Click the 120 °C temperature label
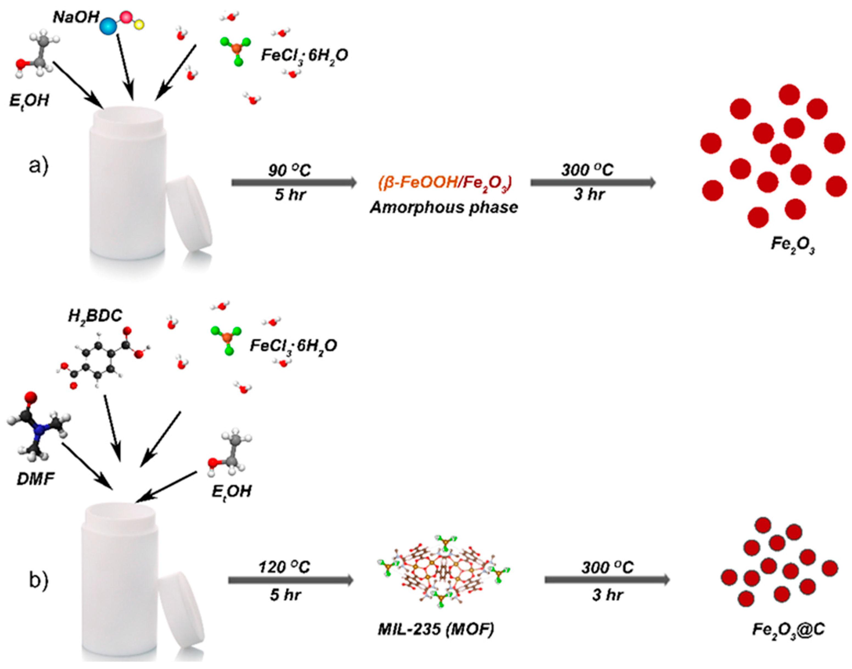pos(284,567)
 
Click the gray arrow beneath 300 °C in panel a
pos(593,182)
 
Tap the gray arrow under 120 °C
pos(291,580)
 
